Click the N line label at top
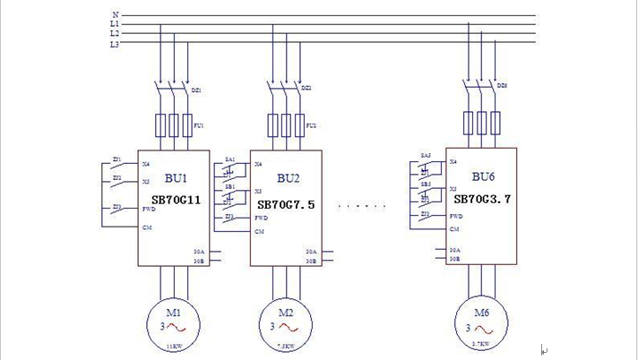pyautogui.click(x=115, y=14)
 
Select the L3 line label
pyautogui.click(x=114, y=43)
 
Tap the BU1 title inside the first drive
pyautogui.click(x=176, y=178)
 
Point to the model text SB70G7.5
pyautogui.click(x=286, y=204)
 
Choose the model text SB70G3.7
pyautogui.click(x=481, y=199)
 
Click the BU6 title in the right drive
pyautogui.click(x=483, y=176)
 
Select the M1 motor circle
pyautogui.click(x=174, y=320)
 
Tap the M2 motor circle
pyautogui.click(x=285, y=320)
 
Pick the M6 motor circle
pyautogui.click(x=481, y=320)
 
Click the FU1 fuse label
pyautogui.click(x=199, y=126)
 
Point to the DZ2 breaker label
pyautogui.click(x=306, y=88)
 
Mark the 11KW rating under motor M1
pyautogui.click(x=174, y=346)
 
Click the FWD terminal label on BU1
pyautogui.click(x=149, y=209)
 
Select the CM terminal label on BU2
pyautogui.click(x=259, y=231)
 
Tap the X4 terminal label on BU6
pyautogui.click(x=453, y=162)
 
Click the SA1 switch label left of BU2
pyautogui.click(x=230, y=159)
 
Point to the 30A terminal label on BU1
pyautogui.click(x=200, y=252)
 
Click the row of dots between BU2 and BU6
pyautogui.click(x=362, y=206)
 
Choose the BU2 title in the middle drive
pyautogui.click(x=288, y=178)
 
